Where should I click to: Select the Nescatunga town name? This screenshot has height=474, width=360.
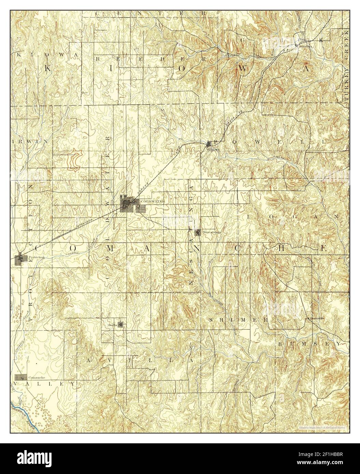pyautogui.click(x=212, y=232)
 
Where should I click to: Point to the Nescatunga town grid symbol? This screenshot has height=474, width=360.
pyautogui.click(x=198, y=233)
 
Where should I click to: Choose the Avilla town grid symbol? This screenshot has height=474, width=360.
pyautogui.click(x=120, y=324)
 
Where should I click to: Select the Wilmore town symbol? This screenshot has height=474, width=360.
pyautogui.click(x=210, y=145)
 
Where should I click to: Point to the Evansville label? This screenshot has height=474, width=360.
pyautogui.click(x=317, y=319)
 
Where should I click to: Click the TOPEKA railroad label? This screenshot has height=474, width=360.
pyautogui.click(x=141, y=193)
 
